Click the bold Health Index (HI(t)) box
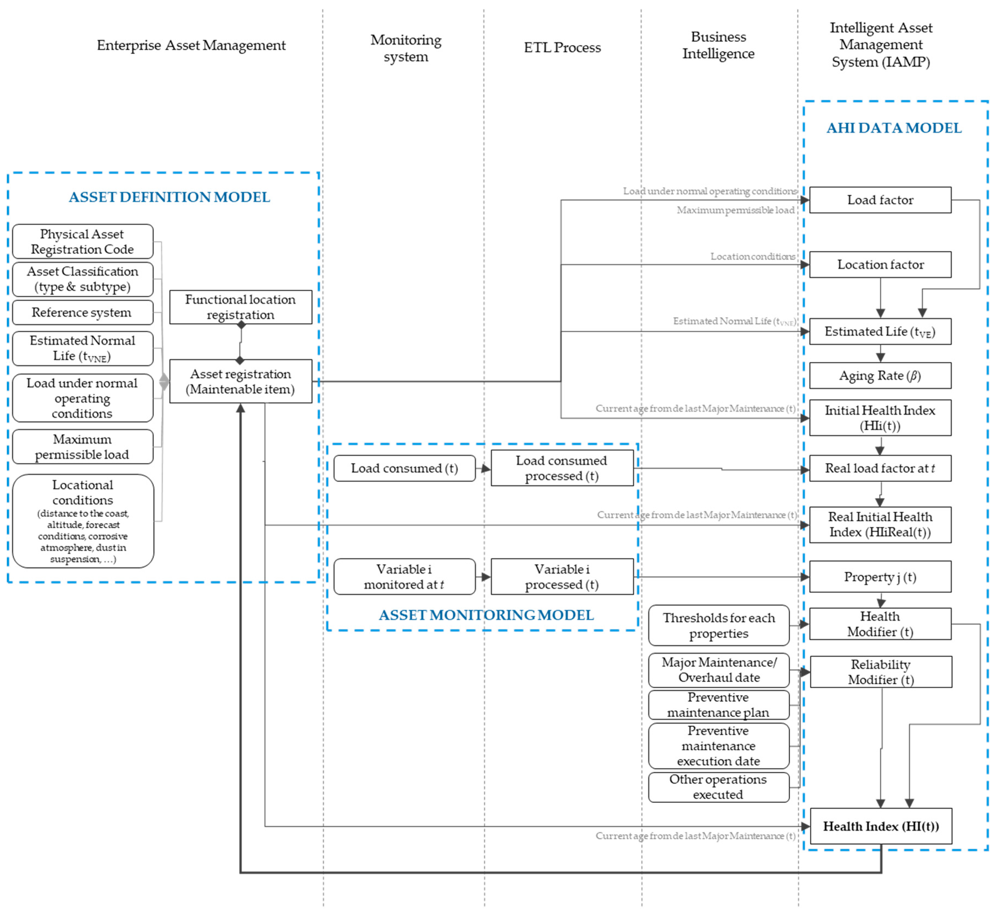(x=881, y=826)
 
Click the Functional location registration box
(x=240, y=307)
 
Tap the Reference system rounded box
(x=82, y=312)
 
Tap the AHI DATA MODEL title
(x=894, y=128)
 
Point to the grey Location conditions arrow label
(x=752, y=256)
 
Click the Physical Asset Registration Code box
(x=82, y=241)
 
